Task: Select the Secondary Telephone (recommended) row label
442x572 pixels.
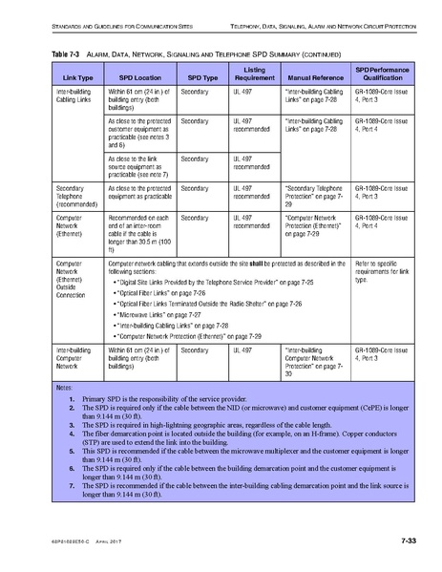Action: point(76,196)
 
